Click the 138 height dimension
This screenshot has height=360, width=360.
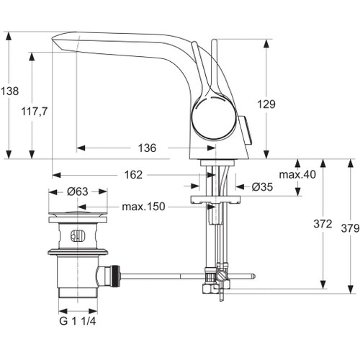tap(9, 91)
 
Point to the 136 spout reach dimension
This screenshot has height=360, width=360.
tap(147, 148)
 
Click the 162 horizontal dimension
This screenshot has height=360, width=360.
tap(133, 174)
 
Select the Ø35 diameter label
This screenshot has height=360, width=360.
tap(261, 186)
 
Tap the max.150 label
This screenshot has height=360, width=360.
tap(143, 207)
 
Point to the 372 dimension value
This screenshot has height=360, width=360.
tap(322, 224)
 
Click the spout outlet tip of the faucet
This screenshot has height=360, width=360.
tap(56, 43)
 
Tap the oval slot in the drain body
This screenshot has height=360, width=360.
tap(78, 234)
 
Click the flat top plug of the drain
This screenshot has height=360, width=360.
tap(77, 215)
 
